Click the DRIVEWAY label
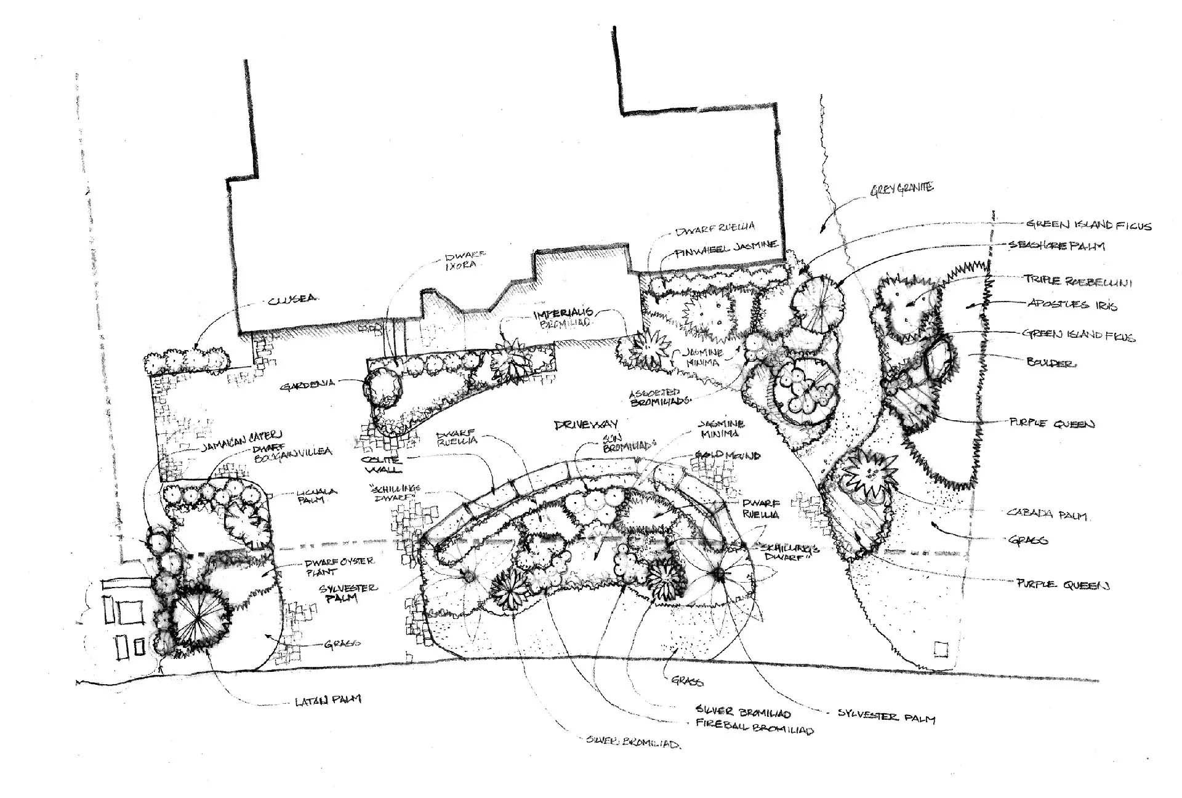pos(586,425)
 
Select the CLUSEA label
pos(292,300)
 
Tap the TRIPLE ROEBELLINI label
pos(1077,281)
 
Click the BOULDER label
pos(1051,363)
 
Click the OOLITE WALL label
pos(382,465)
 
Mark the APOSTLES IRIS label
pos(1072,305)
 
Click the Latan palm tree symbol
pos(197,620)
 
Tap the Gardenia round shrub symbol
pos(383,387)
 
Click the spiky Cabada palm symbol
pos(869,476)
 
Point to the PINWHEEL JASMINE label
pos(726,248)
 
